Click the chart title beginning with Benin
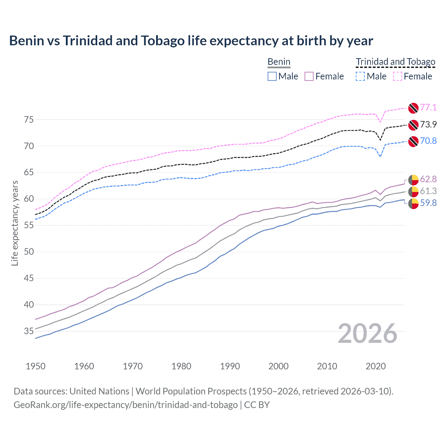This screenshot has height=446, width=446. [191, 41]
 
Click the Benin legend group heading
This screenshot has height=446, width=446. [279, 62]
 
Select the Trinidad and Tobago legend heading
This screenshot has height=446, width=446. [395, 62]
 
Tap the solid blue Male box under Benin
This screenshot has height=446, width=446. [272, 76]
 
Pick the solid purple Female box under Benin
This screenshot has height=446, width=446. [309, 76]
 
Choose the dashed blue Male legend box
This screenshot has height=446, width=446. [360, 76]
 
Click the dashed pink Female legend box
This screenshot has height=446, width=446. [398, 76]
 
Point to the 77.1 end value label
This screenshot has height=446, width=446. [428, 107]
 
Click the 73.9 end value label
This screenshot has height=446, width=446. [428, 124]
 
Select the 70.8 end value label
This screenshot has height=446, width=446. [428, 141]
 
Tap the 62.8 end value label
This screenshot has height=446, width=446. [428, 179]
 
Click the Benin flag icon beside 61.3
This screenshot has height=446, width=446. [413, 191]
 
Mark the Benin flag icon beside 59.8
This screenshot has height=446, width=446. [413, 203]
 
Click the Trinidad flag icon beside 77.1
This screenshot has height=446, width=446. [413, 108]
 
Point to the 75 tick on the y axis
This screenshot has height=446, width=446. [29, 120]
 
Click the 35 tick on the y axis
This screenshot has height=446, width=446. [29, 331]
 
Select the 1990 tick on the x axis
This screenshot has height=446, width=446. [230, 366]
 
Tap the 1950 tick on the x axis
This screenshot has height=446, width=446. [36, 366]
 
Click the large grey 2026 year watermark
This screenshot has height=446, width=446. [368, 333]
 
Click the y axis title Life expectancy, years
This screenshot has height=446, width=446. [15, 223]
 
